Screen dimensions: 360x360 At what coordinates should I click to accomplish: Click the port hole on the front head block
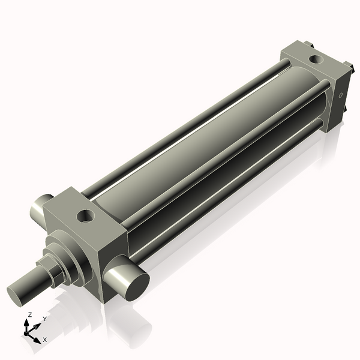click(x=84, y=212)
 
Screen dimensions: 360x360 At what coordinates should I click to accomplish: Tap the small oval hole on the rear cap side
click(x=341, y=95)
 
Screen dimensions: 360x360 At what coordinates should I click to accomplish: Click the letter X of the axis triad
click(x=44, y=340)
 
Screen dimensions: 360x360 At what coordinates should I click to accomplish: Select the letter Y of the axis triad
click(x=44, y=319)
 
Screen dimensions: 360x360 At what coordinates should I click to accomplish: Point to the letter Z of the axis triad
click(x=30, y=314)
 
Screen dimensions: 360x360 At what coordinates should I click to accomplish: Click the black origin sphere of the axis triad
click(x=26, y=332)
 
